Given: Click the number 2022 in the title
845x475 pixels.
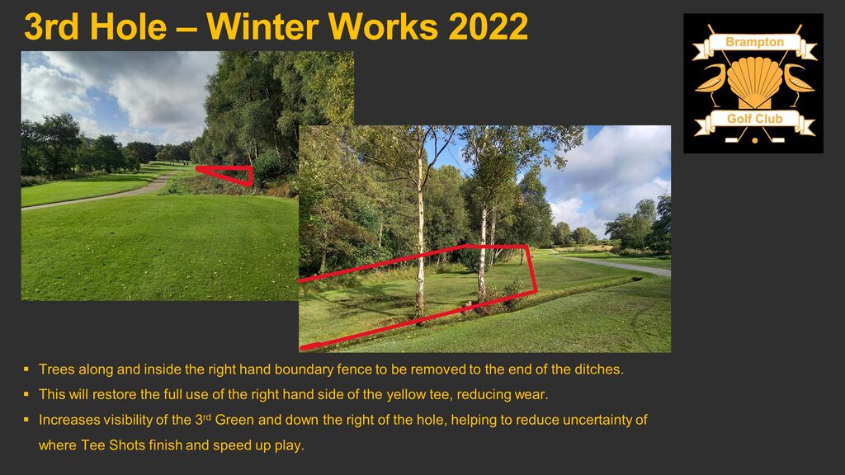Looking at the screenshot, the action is [x=488, y=26].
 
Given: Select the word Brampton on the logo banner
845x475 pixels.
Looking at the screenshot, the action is [x=754, y=42].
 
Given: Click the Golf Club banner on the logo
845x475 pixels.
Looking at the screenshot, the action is [x=754, y=120].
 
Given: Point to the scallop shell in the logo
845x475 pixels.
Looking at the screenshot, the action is [x=754, y=81].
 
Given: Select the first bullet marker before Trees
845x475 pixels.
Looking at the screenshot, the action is [x=26, y=369].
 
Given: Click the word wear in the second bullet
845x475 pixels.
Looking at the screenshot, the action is [x=530, y=395].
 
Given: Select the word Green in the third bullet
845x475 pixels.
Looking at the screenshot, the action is [x=234, y=420].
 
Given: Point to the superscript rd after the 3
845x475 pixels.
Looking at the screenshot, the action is [x=207, y=416].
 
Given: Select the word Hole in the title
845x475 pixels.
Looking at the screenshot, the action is [x=128, y=26].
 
